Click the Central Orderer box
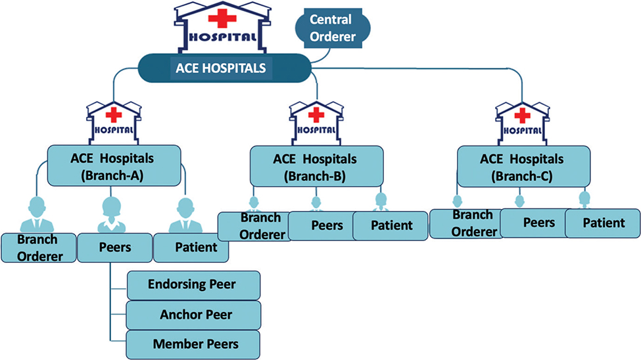(x=331, y=28)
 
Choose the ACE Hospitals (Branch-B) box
(x=316, y=165)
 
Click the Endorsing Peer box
(x=193, y=284)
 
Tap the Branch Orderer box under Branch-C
(x=466, y=223)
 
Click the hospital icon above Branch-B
(x=316, y=121)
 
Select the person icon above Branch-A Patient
(x=186, y=215)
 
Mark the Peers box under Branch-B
(x=321, y=226)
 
